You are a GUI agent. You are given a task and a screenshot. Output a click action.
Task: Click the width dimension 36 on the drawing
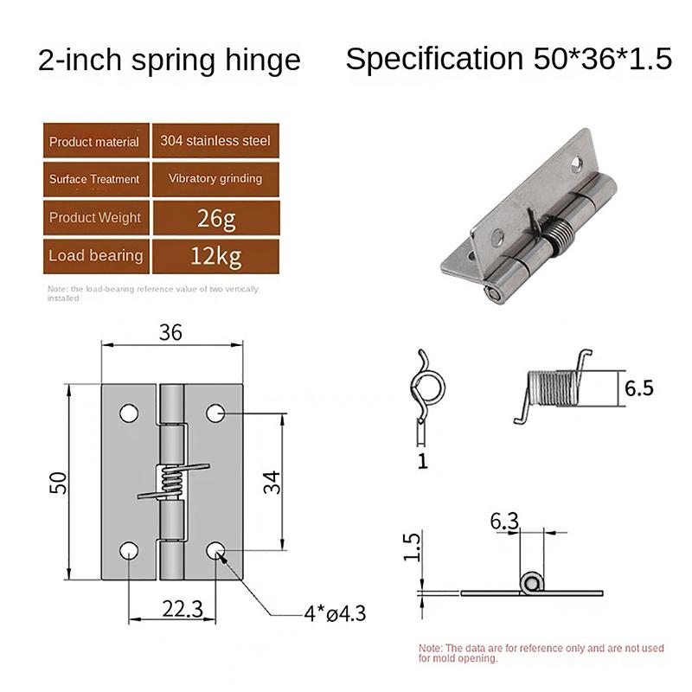(170, 332)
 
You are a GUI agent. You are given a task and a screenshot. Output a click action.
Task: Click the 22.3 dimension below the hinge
(182, 610)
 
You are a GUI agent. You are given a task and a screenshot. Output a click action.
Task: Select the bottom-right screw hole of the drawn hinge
(215, 550)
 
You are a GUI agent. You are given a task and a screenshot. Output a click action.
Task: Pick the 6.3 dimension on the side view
(505, 522)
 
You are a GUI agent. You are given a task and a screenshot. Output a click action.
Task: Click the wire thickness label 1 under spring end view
(422, 461)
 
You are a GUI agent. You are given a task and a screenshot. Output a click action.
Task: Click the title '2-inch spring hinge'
(170, 60)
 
